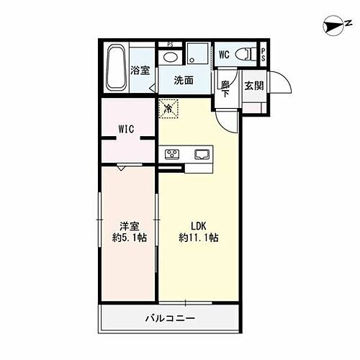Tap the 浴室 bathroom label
coord(140,70)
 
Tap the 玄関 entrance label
coord(253,86)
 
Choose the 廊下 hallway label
coord(225,87)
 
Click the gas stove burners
coord(174,153)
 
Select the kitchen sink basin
coord(200,153)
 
